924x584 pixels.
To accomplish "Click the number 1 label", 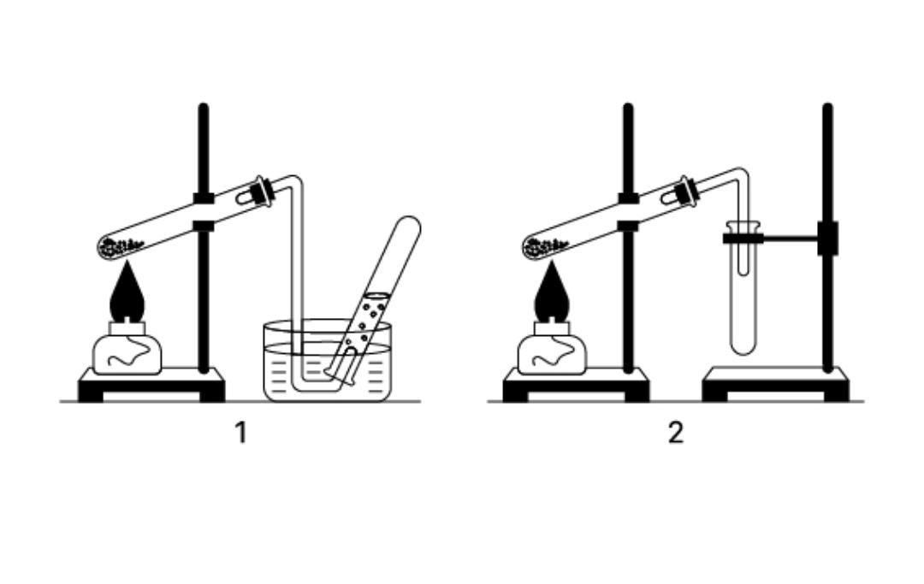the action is pos(240,434).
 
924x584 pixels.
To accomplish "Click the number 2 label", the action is pos(676,434).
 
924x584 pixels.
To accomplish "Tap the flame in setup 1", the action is pos(127,292).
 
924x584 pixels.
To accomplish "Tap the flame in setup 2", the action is pos(552,292).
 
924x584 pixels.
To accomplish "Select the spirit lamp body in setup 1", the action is pos(127,354).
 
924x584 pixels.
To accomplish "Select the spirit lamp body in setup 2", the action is pos(552,354).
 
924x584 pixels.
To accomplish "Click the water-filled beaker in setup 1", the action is pos(327,361).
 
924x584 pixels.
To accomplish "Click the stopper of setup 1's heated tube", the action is pos(260,192).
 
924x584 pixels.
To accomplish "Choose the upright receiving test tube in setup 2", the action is pos(743,288).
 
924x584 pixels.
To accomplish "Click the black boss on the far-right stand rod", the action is pos(827,239).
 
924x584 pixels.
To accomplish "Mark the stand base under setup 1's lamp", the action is pos(151,385).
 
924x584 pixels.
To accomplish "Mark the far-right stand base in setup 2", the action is pos(776,385).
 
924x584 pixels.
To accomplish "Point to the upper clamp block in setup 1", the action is pos(204,198).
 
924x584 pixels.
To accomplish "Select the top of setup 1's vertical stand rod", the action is pos(204,107).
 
